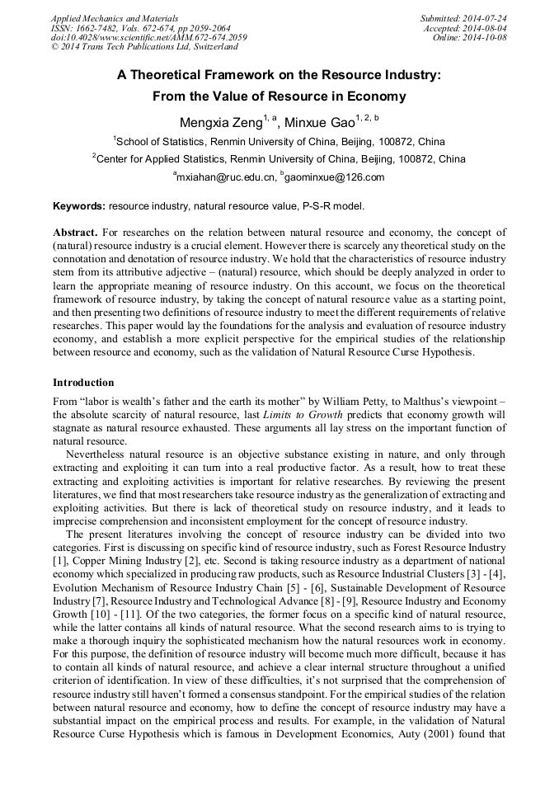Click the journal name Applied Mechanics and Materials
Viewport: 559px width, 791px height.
(x=115, y=18)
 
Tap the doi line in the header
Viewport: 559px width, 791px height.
(x=148, y=38)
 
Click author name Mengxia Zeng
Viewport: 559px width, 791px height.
(x=218, y=123)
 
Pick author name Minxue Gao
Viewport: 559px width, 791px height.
(x=320, y=123)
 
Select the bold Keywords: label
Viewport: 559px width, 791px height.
(x=79, y=205)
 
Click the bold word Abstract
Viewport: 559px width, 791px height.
(x=77, y=233)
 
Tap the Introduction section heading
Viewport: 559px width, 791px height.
(x=83, y=383)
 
